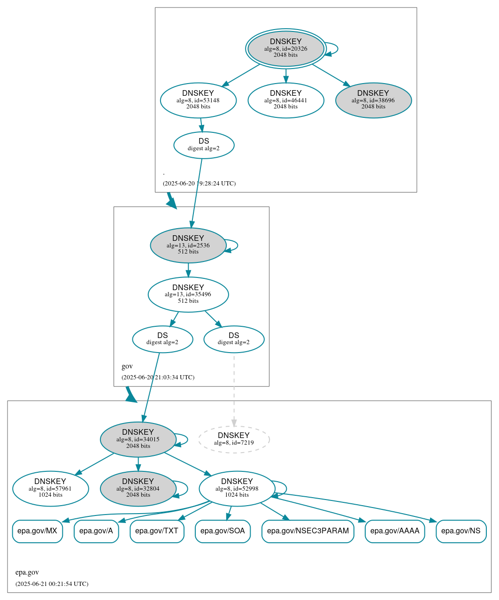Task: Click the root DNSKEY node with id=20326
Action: coord(285,48)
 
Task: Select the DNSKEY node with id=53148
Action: coord(198,100)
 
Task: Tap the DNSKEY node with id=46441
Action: coord(285,100)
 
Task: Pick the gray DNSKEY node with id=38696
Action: coord(373,100)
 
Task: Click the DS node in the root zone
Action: coord(204,145)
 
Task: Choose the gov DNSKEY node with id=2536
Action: coord(188,245)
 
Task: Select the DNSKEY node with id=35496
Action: coord(188,294)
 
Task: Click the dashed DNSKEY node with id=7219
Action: coord(234,439)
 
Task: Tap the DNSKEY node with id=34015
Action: coord(138,439)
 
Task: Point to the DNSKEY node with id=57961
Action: coord(50,489)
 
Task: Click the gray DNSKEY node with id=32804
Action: coord(138,489)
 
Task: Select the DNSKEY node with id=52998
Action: coord(237,489)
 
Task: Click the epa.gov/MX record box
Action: coord(37,531)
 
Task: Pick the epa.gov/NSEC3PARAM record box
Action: coord(307,531)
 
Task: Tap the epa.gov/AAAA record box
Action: coord(394,531)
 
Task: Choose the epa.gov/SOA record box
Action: coord(223,531)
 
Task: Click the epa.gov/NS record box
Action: coord(461,531)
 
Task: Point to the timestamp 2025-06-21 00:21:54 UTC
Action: coord(52,584)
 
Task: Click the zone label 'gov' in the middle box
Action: coord(127,366)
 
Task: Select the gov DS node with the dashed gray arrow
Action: coord(234,339)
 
